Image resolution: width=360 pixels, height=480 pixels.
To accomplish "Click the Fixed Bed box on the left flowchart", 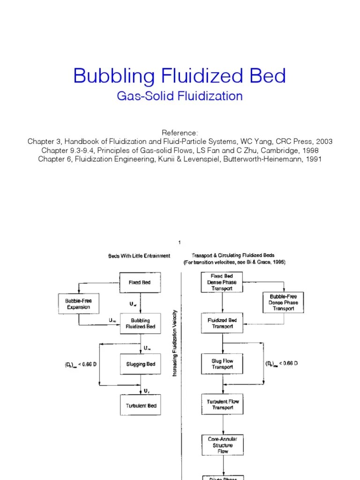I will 140,283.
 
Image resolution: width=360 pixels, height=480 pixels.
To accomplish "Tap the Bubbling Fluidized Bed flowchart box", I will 140,323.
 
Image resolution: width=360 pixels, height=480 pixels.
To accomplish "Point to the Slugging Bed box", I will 140,364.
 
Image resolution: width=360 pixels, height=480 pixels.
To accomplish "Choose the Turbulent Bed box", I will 140,405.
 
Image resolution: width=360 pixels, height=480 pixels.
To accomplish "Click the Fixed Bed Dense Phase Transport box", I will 222,282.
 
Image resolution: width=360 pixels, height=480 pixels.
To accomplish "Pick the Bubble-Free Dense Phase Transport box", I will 283,303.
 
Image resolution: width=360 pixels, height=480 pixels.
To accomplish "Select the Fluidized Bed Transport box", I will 222,323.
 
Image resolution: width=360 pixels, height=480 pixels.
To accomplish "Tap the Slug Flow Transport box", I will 222,364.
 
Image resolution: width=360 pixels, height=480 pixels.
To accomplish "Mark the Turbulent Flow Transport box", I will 222,405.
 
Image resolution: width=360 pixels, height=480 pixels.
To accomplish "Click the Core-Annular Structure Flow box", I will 222,445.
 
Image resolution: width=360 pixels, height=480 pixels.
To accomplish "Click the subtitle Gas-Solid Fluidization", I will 180,97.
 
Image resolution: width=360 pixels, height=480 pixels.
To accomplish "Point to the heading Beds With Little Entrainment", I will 139,256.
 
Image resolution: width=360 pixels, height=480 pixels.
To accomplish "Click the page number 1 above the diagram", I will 180,242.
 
